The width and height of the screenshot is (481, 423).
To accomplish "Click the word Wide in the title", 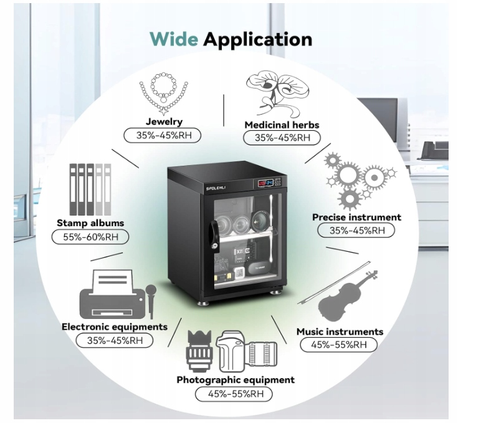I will [x=174, y=39].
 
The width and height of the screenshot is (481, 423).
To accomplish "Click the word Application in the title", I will [x=258, y=39].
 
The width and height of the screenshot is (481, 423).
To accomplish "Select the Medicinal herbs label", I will [x=282, y=125].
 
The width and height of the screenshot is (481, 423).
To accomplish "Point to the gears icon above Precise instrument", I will [x=360, y=181].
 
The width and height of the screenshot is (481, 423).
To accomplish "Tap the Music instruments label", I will [x=340, y=331].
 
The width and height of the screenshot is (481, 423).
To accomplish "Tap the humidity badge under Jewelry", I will [x=164, y=135].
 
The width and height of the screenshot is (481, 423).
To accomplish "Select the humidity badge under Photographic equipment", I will [x=235, y=394].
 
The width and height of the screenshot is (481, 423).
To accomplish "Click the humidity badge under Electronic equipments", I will [x=115, y=340].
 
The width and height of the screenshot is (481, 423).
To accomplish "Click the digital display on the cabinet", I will [x=264, y=184].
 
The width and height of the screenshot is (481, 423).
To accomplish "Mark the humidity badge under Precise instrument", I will [x=356, y=231].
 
